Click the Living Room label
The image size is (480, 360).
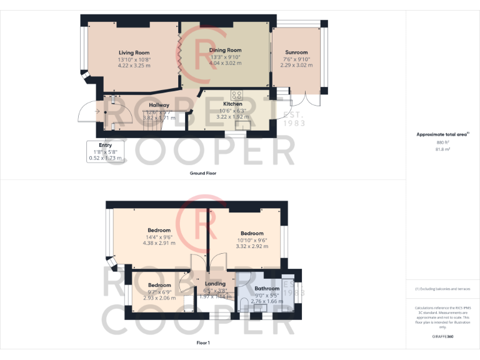(x=134, y=52)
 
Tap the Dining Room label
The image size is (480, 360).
(x=225, y=50)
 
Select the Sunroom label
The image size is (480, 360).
(x=297, y=52)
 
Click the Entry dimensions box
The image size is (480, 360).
(x=105, y=152)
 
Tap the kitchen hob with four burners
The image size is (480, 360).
(x=237, y=95)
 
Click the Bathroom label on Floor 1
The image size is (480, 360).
(x=267, y=289)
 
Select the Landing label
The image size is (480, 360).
(x=216, y=284)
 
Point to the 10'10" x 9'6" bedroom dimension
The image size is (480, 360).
(x=252, y=240)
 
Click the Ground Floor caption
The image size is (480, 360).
(x=203, y=173)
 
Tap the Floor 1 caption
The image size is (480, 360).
(x=203, y=343)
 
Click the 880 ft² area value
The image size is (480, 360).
(x=443, y=142)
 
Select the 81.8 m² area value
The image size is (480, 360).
(x=443, y=149)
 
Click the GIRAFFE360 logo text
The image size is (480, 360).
(x=443, y=337)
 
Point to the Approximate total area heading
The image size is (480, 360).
(x=442, y=134)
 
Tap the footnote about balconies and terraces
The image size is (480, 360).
(x=443, y=289)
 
